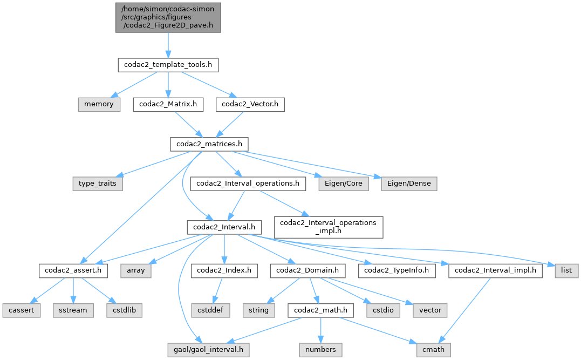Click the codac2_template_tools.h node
(x=168, y=65)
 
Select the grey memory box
(x=99, y=104)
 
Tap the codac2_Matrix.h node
(x=168, y=104)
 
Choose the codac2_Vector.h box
(x=250, y=104)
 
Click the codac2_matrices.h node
(x=209, y=144)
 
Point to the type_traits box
(x=97, y=184)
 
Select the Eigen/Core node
(x=344, y=184)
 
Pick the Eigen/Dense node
(x=409, y=184)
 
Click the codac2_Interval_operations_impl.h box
(x=329, y=227)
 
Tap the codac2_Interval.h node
(x=224, y=227)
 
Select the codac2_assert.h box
(x=73, y=270)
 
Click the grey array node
(x=135, y=270)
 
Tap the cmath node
(x=432, y=350)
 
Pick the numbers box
(x=322, y=350)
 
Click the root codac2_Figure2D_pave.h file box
(x=168, y=17)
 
